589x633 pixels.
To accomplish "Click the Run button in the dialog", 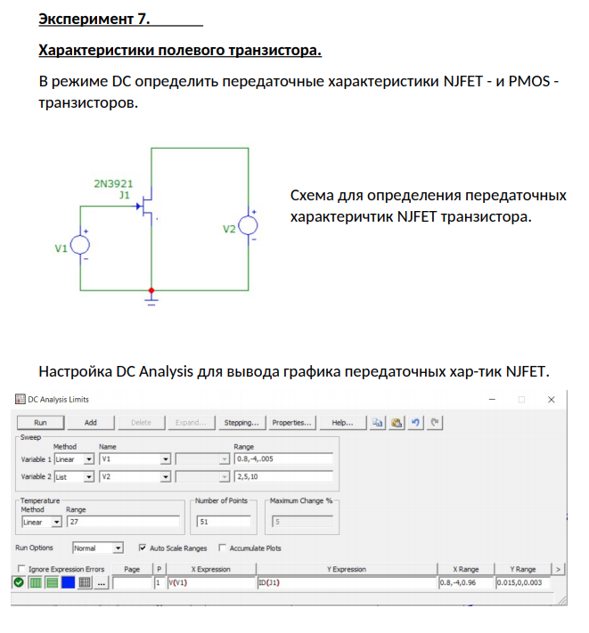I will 40,422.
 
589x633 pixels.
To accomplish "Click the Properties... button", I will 291,422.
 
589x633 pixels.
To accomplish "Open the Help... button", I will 342,422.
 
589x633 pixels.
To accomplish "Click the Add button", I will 90,422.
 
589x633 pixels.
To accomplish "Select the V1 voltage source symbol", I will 80,244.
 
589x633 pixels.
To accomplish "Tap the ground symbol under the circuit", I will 151,303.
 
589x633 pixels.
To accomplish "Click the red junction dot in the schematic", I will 151,290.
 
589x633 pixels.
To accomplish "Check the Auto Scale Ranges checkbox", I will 143,548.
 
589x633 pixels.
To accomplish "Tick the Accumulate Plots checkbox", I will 222,548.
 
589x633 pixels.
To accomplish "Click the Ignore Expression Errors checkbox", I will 21,569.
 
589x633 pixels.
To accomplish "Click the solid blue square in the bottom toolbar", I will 69,583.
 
